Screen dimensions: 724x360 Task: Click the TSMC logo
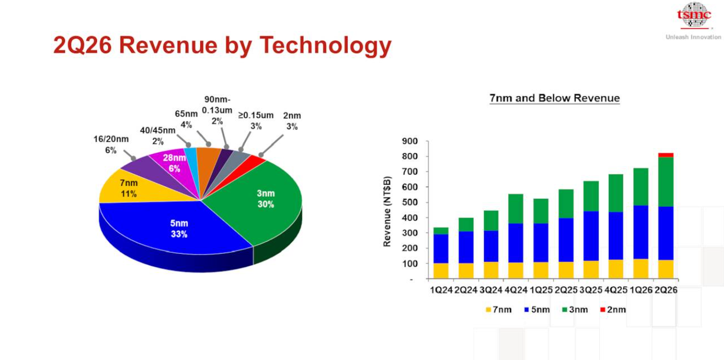[x=693, y=15]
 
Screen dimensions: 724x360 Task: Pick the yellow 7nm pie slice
[x=136, y=189]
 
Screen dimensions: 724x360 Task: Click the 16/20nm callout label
[x=111, y=145]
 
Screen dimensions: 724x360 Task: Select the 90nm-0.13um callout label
[x=217, y=110]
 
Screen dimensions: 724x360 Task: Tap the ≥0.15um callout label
[x=255, y=121]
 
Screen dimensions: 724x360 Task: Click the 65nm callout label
[x=186, y=119]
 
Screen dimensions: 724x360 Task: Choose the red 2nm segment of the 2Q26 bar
[x=666, y=155]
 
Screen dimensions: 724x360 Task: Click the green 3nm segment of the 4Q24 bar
[x=516, y=208]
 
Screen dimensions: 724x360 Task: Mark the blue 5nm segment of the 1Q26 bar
[x=641, y=232]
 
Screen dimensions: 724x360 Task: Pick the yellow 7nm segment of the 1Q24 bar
[x=441, y=271]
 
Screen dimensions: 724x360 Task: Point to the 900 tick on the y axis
[x=410, y=141]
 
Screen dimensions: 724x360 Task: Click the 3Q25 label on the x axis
[x=591, y=290]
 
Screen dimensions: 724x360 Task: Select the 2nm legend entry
[x=613, y=310]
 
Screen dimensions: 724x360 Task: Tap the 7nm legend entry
[x=499, y=310]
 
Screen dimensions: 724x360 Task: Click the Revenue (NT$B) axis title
[x=387, y=212]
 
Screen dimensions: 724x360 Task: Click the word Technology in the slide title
[x=326, y=46]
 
